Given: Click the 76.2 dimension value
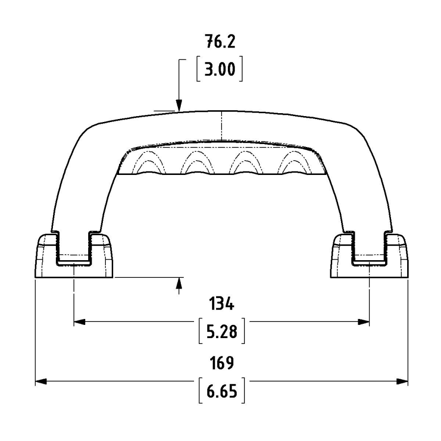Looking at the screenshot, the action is pos(220,41).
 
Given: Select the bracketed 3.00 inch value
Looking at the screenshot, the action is pos(220,69).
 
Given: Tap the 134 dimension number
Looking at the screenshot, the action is pos(221,304).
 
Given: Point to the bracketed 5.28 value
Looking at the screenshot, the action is pos(221,331).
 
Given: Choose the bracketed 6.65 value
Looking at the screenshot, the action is pos(221,391).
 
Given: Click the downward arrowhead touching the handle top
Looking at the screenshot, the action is pos(178,105).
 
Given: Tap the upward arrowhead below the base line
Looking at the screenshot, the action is pos(178,283).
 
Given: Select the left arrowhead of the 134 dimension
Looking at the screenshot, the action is pos(79,322).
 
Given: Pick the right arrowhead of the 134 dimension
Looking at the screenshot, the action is pos(364,322).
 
